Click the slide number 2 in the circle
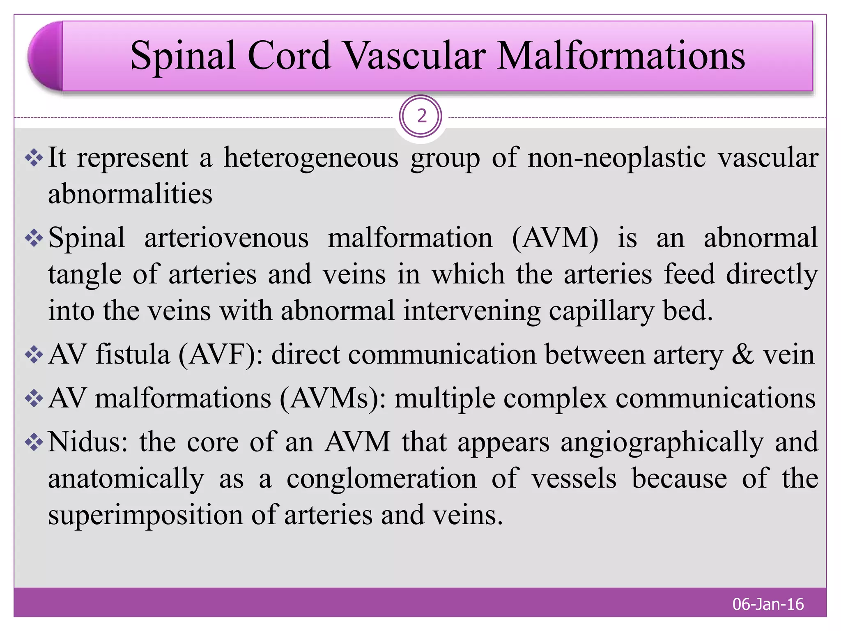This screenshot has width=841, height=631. [x=421, y=117]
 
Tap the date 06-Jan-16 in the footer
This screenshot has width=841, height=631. [x=768, y=604]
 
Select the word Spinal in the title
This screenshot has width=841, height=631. [x=183, y=56]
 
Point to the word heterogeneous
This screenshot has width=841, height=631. [x=311, y=158]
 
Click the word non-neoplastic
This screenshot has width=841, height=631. [x=616, y=158]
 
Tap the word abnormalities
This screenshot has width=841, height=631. [x=130, y=194]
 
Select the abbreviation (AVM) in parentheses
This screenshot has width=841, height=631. [x=555, y=238]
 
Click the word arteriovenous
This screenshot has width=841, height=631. [x=226, y=238]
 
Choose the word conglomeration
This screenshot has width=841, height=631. [x=381, y=479]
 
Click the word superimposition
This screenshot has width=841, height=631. [x=145, y=515]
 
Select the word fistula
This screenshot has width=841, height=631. [x=133, y=355]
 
